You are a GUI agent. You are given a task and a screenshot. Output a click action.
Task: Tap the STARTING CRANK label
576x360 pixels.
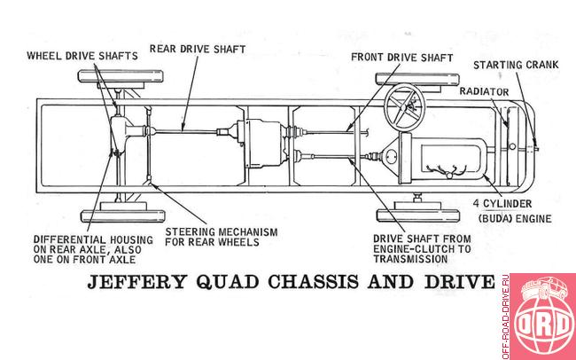(x=516, y=65)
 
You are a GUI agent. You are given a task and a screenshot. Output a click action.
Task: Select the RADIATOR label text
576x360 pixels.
(x=484, y=91)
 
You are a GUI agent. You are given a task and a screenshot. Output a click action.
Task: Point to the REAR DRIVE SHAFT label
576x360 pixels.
(x=198, y=49)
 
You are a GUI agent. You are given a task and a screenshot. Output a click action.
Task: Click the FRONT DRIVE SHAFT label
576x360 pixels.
(x=402, y=58)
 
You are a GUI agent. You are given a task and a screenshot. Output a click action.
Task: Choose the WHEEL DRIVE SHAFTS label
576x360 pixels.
(x=82, y=56)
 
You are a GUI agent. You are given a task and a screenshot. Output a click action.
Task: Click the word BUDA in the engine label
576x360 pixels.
(x=495, y=219)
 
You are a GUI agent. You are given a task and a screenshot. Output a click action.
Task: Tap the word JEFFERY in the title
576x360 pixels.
(x=137, y=282)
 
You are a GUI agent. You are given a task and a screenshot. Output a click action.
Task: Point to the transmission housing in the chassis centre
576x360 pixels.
(x=260, y=144)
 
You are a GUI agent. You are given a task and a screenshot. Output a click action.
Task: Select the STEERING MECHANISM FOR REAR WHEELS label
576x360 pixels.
(x=222, y=237)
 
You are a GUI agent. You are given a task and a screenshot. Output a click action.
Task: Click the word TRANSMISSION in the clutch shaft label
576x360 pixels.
(x=410, y=259)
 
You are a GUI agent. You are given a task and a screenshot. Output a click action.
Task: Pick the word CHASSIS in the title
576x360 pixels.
(x=313, y=282)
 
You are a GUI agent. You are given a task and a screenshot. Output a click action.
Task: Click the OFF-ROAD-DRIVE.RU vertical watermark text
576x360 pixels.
(x=505, y=317)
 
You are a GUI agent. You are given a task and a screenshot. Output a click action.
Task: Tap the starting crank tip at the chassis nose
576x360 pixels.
(x=537, y=149)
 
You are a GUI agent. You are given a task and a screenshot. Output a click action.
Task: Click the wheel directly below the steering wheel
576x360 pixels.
(x=418, y=215)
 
